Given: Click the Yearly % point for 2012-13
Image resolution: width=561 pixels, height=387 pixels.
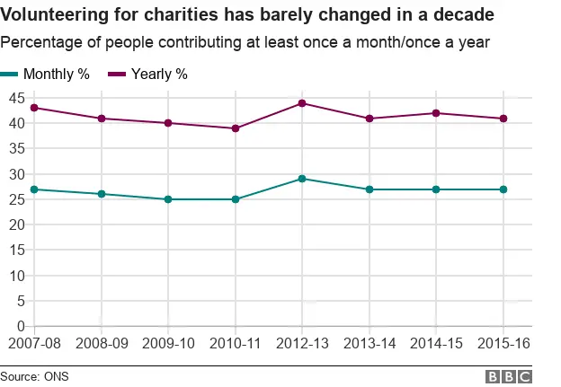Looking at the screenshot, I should (x=302, y=103).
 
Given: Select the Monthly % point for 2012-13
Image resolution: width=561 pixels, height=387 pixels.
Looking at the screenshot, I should (x=302, y=179).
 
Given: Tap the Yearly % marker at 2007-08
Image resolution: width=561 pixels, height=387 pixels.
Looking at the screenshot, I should (x=33, y=108).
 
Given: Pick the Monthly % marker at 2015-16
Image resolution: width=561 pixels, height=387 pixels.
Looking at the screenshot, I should (x=503, y=189).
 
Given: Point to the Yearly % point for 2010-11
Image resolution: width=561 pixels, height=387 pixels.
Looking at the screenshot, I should (x=236, y=128).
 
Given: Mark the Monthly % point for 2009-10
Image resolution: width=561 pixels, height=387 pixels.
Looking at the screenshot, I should (x=168, y=199).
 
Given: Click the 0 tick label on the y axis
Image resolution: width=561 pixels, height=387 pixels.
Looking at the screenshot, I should (x=19, y=327).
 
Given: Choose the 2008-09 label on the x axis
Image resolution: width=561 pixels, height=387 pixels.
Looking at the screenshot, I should (x=101, y=344).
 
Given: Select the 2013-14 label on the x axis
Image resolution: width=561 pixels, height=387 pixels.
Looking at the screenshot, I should (x=370, y=344).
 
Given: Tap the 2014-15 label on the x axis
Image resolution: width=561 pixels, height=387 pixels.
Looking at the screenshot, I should (x=436, y=344).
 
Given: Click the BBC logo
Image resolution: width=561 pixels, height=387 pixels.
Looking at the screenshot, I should (x=509, y=376).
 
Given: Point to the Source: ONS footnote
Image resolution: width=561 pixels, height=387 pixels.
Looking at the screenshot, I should (x=33, y=376).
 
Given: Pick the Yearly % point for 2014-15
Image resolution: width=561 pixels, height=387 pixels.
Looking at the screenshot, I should (x=436, y=113).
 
